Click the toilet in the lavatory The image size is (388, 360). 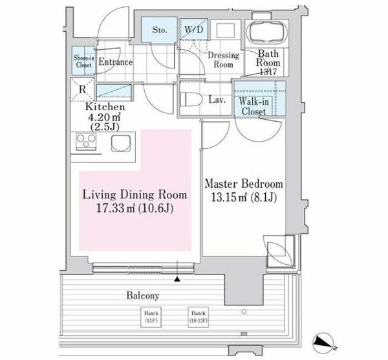click(x=191, y=99)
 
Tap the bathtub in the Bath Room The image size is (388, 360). click(x=268, y=32)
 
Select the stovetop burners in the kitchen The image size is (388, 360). click(x=86, y=141)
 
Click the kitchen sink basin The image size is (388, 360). click(x=121, y=143)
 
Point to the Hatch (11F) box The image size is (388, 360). click(x=151, y=317)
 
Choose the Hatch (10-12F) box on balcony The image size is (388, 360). click(x=199, y=317)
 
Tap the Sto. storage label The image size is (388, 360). click(x=160, y=30)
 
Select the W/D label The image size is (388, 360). click(x=194, y=30)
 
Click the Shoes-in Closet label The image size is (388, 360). click(x=84, y=62)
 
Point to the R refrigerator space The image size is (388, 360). click(x=82, y=89)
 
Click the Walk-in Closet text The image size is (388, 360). click(x=253, y=107)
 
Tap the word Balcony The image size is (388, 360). click(x=143, y=295)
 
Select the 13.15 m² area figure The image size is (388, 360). click(x=229, y=197)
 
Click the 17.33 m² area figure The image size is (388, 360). click(x=115, y=208)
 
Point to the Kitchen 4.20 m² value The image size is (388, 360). click(x=104, y=117)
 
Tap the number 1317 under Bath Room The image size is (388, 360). click(x=268, y=72)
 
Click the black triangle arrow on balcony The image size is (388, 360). click(x=177, y=280)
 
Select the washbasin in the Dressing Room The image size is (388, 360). click(x=226, y=30)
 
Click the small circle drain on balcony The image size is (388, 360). click(x=244, y=311)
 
